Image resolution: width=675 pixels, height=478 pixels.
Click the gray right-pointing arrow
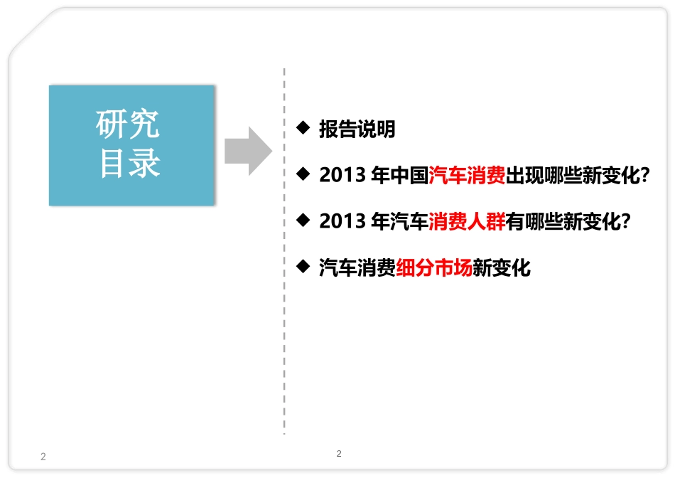(248, 151)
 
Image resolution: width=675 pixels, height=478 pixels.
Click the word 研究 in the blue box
(128, 126)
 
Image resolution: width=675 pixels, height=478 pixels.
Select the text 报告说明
(357, 129)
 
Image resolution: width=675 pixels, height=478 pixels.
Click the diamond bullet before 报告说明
(304, 128)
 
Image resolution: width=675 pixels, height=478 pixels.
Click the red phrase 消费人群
(467, 222)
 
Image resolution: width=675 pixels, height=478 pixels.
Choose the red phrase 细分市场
(434, 268)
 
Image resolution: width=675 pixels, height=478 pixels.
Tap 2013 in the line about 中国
(342, 176)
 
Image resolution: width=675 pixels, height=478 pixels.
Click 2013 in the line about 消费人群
(342, 222)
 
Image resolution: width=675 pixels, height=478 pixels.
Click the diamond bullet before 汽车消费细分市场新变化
(304, 267)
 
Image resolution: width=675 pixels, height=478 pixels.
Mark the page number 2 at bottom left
(43, 457)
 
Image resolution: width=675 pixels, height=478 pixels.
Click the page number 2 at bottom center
(338, 453)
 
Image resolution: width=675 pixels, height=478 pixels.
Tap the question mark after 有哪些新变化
(627, 222)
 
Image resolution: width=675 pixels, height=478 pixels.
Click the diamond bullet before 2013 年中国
(304, 174)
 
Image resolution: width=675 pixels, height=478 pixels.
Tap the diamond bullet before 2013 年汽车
(304, 221)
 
